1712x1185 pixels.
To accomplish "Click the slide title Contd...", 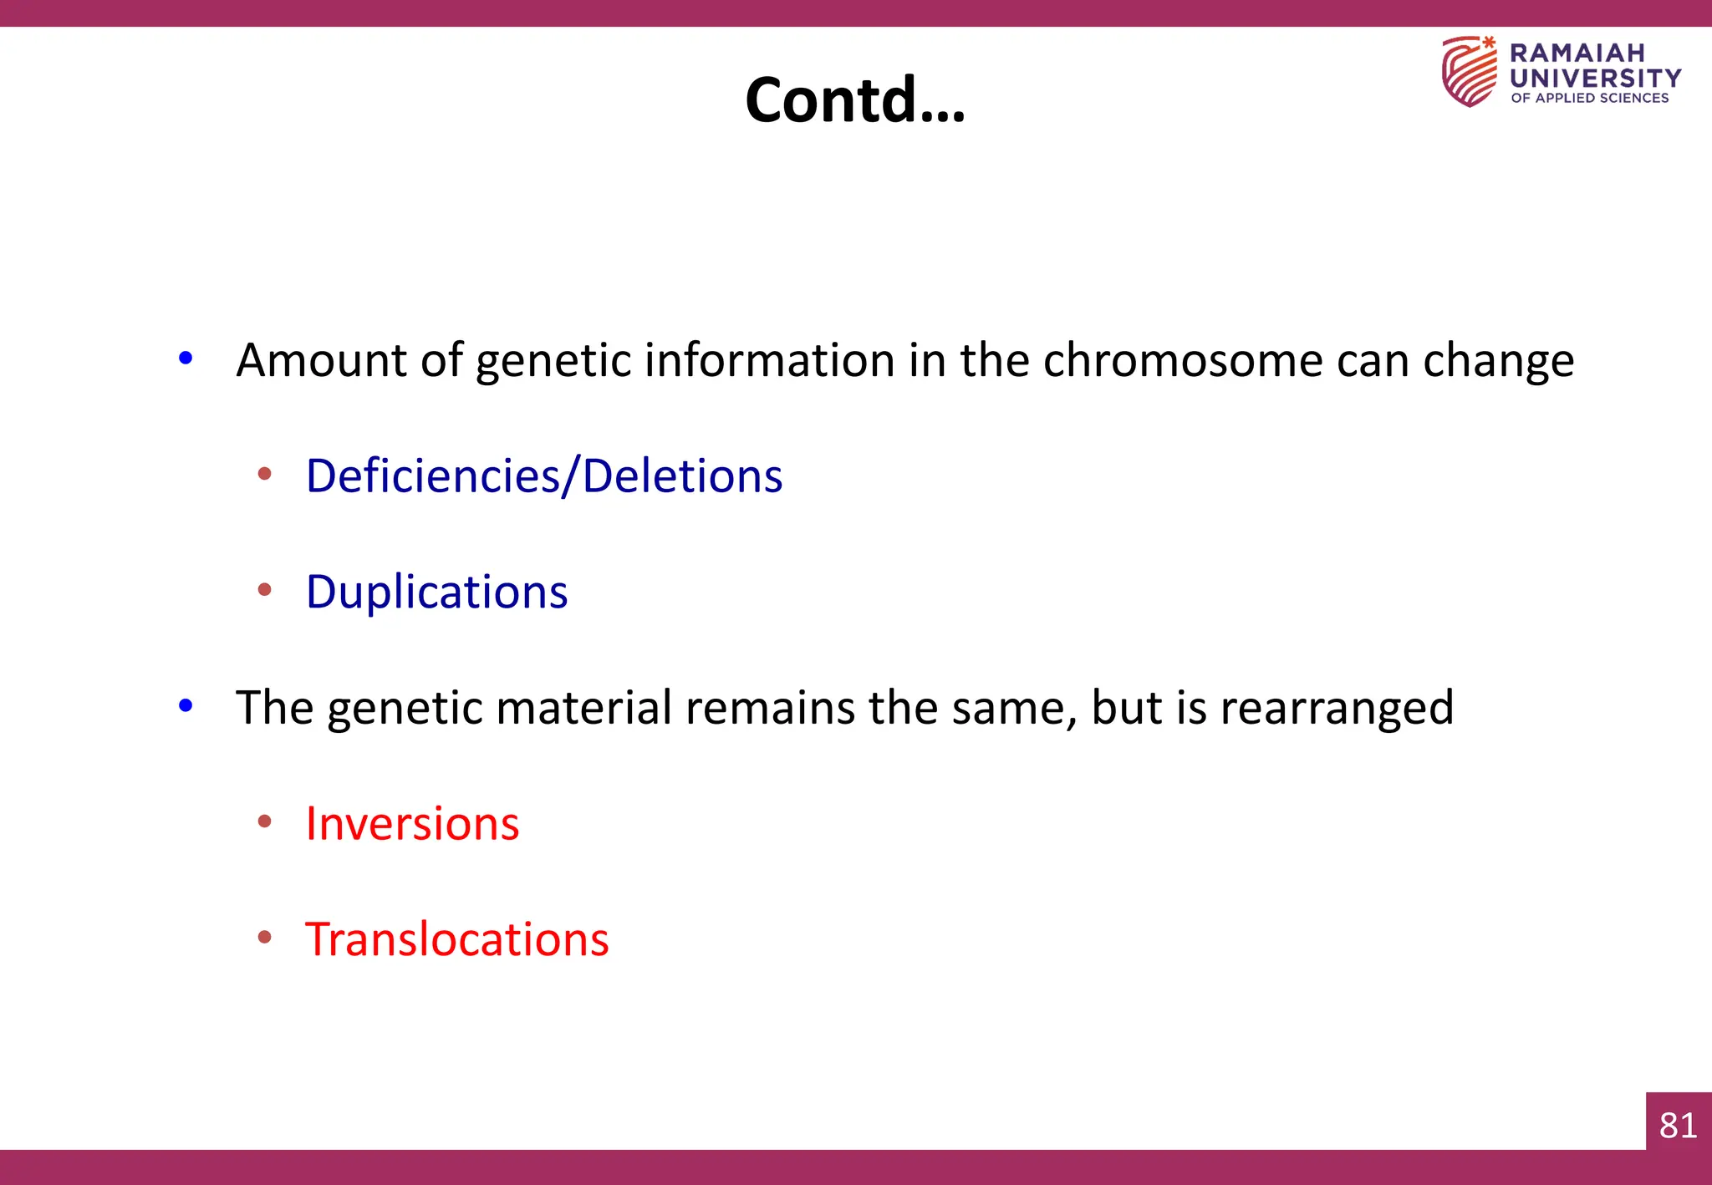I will point(854,100).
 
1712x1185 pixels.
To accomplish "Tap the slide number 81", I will point(1678,1126).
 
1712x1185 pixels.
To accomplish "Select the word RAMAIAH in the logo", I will point(1577,53).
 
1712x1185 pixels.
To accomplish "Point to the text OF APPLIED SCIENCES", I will point(1589,99).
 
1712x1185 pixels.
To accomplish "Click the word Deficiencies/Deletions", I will point(544,476).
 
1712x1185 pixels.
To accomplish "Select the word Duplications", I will point(436,592).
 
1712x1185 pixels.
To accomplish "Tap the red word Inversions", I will point(412,824).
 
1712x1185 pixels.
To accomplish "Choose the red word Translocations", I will point(456,939).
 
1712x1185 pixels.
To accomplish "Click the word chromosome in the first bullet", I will point(1182,361).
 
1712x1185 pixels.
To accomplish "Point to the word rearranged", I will point(1337,709).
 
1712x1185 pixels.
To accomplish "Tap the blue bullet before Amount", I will point(186,359).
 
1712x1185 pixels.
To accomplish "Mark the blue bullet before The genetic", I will point(186,706).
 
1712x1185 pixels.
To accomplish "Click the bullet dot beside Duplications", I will point(265,590).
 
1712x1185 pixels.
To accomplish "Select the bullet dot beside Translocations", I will point(265,938).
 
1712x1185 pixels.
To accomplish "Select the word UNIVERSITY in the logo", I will point(1595,79).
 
